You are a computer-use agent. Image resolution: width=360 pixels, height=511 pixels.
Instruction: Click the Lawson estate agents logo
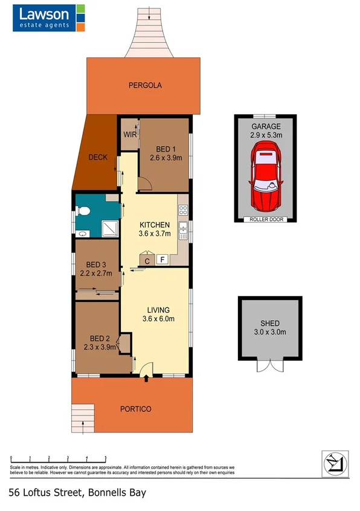click(49, 18)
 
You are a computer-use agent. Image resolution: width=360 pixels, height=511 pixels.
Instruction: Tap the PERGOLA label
click(145, 86)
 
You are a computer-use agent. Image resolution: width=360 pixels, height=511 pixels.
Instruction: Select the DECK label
click(97, 158)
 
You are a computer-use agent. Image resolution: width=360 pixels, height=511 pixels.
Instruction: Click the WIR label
click(130, 135)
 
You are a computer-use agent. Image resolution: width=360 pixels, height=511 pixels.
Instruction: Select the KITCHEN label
click(155, 225)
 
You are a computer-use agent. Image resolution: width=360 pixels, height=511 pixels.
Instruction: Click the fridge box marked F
click(162, 260)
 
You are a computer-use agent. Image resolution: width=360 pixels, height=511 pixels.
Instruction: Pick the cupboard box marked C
click(147, 260)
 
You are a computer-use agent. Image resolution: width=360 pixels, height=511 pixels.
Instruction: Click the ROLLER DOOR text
click(266, 219)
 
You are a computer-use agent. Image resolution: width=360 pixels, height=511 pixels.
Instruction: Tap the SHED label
click(269, 324)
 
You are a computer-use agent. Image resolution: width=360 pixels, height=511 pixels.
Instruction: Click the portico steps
click(80, 417)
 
